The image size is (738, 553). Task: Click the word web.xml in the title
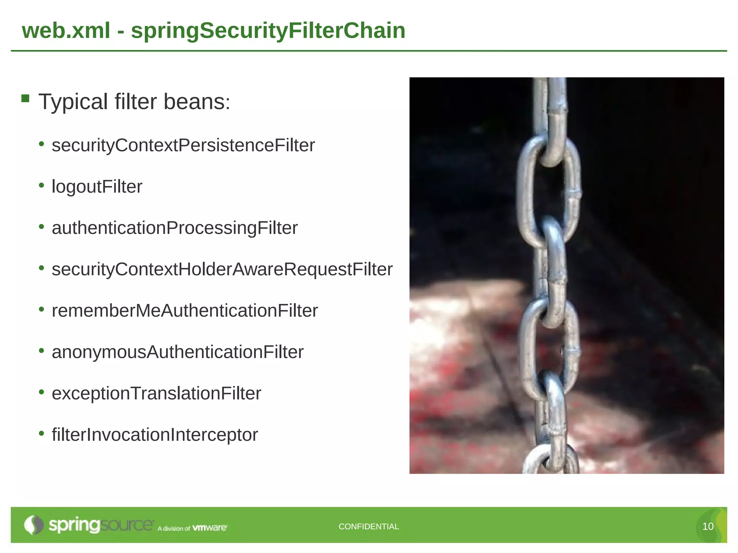[x=66, y=31]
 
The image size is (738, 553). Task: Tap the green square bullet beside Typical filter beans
[x=25, y=98]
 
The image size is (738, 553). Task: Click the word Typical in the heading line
[x=73, y=102]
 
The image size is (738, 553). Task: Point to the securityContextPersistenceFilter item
[x=183, y=145]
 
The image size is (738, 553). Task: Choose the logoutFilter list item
[x=97, y=187]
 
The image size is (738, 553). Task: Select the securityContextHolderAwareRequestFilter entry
[x=222, y=269]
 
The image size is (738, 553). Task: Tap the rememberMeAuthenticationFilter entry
[x=184, y=311]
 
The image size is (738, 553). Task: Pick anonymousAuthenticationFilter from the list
[x=178, y=352]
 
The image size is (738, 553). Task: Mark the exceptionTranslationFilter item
[x=156, y=394]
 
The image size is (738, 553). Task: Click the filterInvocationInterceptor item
[x=155, y=435]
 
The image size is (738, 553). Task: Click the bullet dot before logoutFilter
[x=41, y=185]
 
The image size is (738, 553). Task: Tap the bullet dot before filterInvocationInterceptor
[x=41, y=433]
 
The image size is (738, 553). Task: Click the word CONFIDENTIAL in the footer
[x=369, y=527]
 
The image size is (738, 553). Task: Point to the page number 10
[x=708, y=527]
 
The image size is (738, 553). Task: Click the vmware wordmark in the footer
[x=210, y=528]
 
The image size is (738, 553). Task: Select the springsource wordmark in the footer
[x=101, y=525]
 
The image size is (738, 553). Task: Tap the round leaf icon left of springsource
[x=34, y=525]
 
